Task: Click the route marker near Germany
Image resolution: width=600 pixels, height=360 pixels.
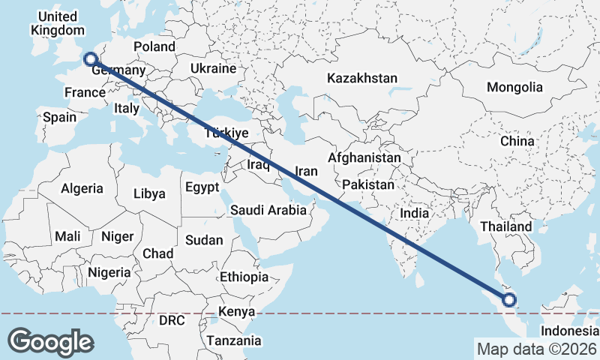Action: [90, 59]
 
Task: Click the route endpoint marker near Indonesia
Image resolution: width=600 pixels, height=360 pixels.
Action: [510, 301]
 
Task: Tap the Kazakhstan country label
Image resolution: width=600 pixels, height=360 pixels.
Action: [361, 78]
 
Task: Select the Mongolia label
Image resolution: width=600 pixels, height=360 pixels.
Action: [514, 88]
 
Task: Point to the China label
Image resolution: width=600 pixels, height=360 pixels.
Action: [517, 141]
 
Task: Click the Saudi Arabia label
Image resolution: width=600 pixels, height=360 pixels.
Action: [268, 210]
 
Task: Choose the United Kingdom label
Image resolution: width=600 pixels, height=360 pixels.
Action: [57, 23]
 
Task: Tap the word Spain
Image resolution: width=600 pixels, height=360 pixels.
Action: [59, 117]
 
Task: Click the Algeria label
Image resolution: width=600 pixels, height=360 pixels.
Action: [82, 189]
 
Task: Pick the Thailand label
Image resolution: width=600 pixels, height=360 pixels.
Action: [506, 226]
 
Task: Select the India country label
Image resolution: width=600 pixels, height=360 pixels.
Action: [414, 213]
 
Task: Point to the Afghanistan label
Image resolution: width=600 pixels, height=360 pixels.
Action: [364, 158]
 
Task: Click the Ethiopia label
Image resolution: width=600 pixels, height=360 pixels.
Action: [244, 277]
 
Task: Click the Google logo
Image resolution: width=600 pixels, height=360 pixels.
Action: [50, 341]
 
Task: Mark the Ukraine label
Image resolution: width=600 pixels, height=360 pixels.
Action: [214, 68]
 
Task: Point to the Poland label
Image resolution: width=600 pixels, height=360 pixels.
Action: [154, 46]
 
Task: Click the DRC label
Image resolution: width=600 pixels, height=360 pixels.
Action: [172, 320]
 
